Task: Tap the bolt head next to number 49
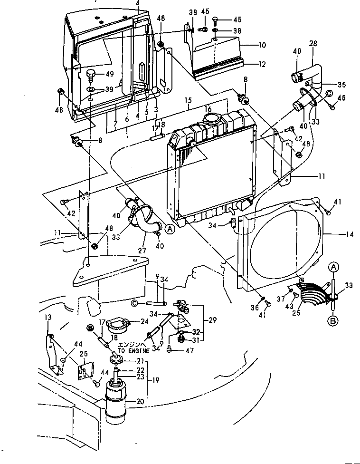pos(91,74)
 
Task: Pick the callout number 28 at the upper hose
pos(327,43)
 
